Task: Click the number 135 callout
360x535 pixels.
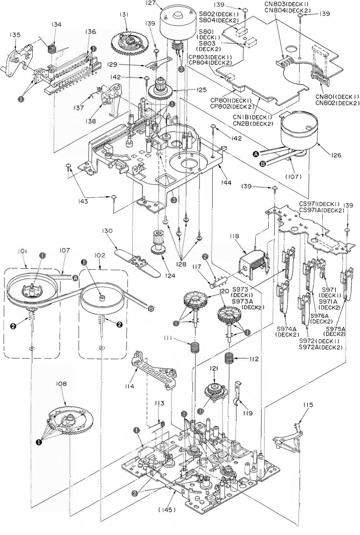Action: coord(15,35)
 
